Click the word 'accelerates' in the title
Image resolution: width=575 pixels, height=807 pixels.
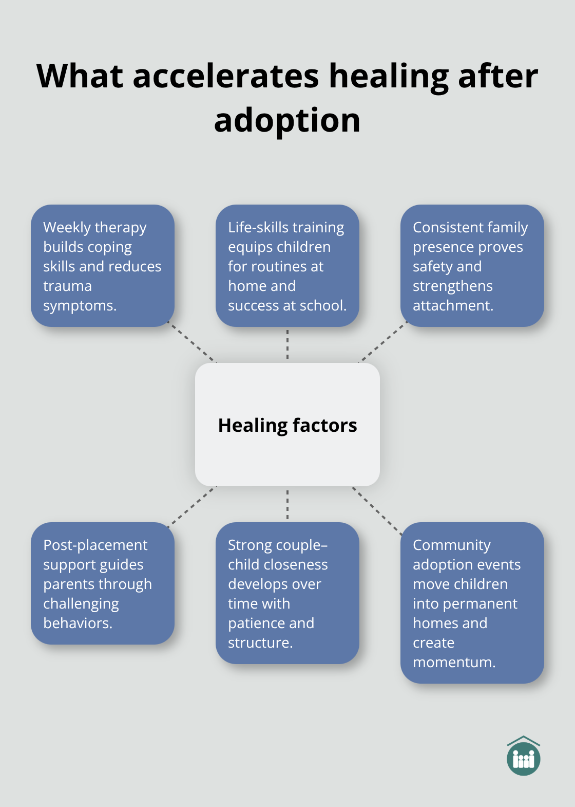point(226,76)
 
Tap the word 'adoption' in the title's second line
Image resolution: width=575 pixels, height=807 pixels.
point(287,120)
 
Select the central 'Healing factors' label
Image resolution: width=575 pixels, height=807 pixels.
point(287,426)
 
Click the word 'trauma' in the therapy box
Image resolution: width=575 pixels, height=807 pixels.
point(67,286)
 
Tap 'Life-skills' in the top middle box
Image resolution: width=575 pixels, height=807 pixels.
point(255,227)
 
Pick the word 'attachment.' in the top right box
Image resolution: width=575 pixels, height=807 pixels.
point(453,305)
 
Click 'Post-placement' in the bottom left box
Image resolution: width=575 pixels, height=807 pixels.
point(95,545)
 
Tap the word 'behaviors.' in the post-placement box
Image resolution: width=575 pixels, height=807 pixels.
point(78,623)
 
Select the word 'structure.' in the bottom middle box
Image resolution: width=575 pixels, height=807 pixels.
point(260,643)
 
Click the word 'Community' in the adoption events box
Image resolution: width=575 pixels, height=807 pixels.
point(452,545)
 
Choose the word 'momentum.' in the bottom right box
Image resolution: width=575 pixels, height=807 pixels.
point(454,662)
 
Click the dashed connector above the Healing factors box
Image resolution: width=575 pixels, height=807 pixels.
point(287,344)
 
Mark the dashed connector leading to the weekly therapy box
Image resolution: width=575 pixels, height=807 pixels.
point(193,343)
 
